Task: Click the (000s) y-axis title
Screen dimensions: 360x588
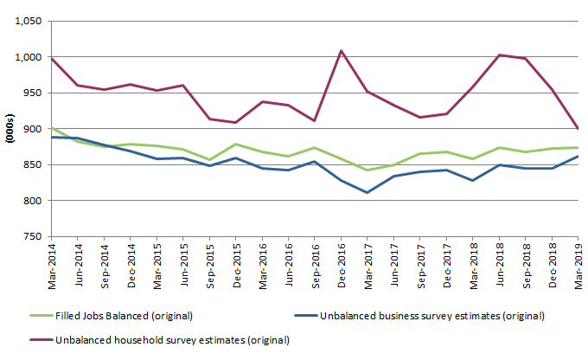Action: [x=9, y=129]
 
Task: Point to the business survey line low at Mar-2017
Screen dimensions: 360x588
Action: [x=367, y=192]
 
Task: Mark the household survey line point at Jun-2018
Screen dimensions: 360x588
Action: [x=499, y=55]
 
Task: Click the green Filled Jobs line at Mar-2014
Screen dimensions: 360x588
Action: [x=52, y=127]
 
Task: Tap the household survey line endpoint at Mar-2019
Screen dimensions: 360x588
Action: [x=578, y=128]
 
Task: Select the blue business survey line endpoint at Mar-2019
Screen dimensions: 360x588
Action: [x=578, y=157]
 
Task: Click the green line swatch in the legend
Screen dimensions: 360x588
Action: [x=41, y=315]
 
